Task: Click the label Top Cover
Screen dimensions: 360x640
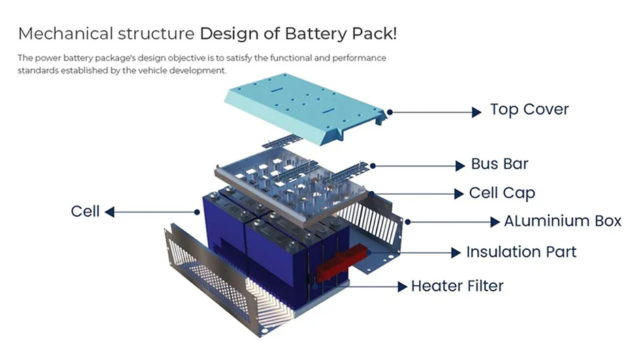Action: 529,110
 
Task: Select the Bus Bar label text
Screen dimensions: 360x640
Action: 499,165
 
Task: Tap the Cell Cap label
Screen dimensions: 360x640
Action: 502,193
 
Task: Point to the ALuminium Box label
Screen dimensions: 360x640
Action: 562,221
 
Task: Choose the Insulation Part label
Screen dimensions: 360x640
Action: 521,252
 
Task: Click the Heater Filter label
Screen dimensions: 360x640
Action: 457,286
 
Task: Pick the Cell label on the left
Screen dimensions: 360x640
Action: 85,211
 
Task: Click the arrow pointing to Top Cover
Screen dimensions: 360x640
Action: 436,112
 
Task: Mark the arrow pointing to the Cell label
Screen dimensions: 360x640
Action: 150,212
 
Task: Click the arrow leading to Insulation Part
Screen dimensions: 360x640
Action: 415,252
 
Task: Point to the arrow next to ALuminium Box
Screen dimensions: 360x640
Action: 453,222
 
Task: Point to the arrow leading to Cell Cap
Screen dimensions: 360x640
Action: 422,194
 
